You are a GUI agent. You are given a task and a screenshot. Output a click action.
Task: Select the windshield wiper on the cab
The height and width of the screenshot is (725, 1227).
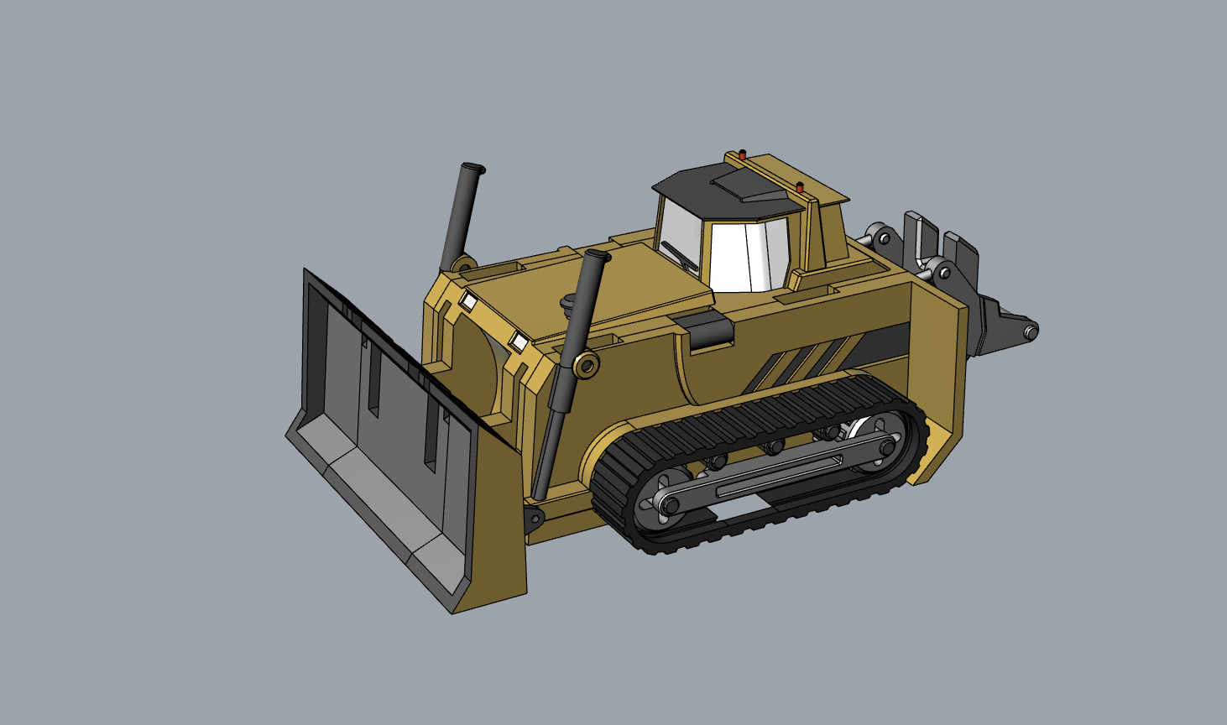tap(680, 254)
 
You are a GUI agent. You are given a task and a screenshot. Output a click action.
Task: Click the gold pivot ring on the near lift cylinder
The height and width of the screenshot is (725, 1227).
tap(587, 365)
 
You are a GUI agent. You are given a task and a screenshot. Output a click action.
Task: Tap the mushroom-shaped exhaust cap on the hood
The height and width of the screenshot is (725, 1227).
tap(568, 300)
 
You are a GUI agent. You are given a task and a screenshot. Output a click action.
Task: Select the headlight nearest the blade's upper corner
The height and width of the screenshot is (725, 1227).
tap(468, 299)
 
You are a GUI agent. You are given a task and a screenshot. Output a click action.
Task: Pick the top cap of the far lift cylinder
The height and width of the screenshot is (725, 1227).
tap(473, 169)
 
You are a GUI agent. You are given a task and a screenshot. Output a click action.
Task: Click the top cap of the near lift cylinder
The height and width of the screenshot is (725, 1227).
tap(598, 255)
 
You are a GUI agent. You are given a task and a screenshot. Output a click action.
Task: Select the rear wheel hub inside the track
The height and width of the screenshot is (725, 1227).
tap(886, 448)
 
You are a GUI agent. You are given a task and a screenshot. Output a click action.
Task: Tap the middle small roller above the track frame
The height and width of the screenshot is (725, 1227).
tap(772, 446)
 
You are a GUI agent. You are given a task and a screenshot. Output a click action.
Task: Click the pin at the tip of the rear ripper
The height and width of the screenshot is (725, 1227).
tap(1029, 332)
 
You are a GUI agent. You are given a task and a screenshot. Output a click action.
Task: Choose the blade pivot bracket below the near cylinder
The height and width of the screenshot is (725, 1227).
tap(533, 517)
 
